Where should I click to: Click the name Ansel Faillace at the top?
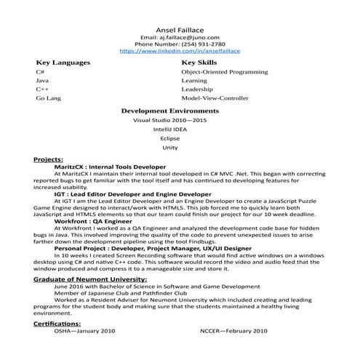pyautogui.click(x=179, y=25)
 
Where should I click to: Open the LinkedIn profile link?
pyautogui.click(x=179, y=52)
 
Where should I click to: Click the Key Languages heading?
pyautogui.click(x=63, y=63)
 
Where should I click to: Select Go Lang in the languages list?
pyautogui.click(x=47, y=97)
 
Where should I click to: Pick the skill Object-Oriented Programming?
pyautogui.click(x=225, y=73)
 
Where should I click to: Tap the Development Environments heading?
pyautogui.click(x=169, y=111)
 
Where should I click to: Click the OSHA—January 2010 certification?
pyautogui.click(x=85, y=330)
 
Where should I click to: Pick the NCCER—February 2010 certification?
pyautogui.click(x=234, y=330)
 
